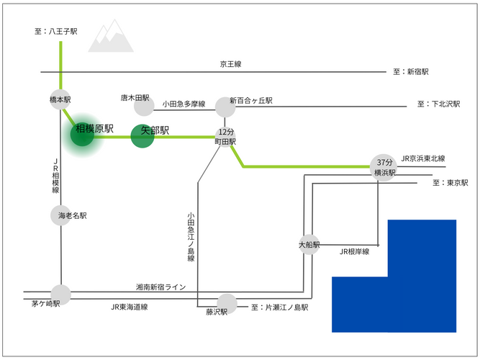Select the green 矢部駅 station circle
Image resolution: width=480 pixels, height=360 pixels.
[x=142, y=135]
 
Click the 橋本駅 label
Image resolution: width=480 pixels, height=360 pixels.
[x=60, y=99]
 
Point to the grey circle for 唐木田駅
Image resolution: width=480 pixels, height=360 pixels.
[x=144, y=106]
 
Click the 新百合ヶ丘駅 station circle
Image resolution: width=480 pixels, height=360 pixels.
[x=226, y=107]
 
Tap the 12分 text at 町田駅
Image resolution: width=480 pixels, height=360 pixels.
[x=226, y=132]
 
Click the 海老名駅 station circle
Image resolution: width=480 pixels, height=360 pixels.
[x=61, y=215]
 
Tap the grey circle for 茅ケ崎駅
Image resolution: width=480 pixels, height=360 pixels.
[x=61, y=294]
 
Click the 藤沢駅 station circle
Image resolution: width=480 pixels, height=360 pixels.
[x=227, y=302]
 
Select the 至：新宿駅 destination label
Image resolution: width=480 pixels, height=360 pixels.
[x=410, y=72]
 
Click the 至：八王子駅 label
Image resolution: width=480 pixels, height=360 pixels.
[x=55, y=32]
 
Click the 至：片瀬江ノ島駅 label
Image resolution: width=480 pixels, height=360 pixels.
[x=280, y=307]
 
